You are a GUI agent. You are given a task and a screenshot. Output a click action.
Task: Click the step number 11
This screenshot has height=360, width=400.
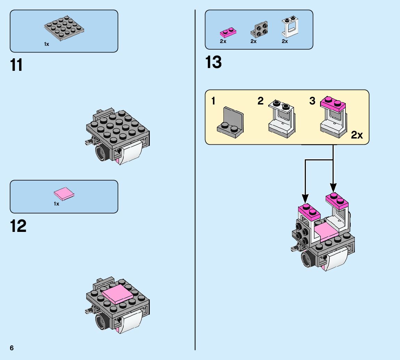16,65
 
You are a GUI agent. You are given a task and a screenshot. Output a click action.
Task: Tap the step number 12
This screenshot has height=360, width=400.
18,226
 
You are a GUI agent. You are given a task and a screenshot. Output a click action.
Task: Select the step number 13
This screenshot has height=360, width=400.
213,62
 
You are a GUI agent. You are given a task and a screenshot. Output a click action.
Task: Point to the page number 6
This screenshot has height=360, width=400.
12,348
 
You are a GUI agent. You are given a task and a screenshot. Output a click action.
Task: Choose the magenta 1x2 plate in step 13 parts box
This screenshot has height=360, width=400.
228,33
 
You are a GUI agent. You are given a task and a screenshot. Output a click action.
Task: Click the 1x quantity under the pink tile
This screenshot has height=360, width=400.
56,204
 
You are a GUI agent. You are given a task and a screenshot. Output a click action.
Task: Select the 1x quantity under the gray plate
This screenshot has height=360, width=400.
47,44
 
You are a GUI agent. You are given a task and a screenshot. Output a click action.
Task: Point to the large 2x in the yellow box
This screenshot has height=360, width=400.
357,135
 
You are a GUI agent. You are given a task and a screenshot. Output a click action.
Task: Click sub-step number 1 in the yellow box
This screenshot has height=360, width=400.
213,101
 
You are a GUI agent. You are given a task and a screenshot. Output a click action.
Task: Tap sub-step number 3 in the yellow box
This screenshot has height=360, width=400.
312,101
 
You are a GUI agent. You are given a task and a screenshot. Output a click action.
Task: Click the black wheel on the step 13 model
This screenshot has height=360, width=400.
307,259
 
